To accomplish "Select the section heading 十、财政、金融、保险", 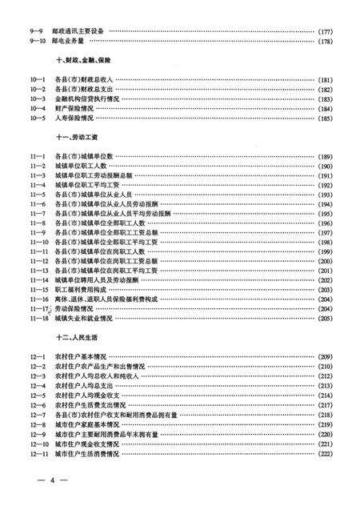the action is pyautogui.click(x=83, y=61).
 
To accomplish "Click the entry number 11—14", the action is pyautogui.click(x=40, y=280).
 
